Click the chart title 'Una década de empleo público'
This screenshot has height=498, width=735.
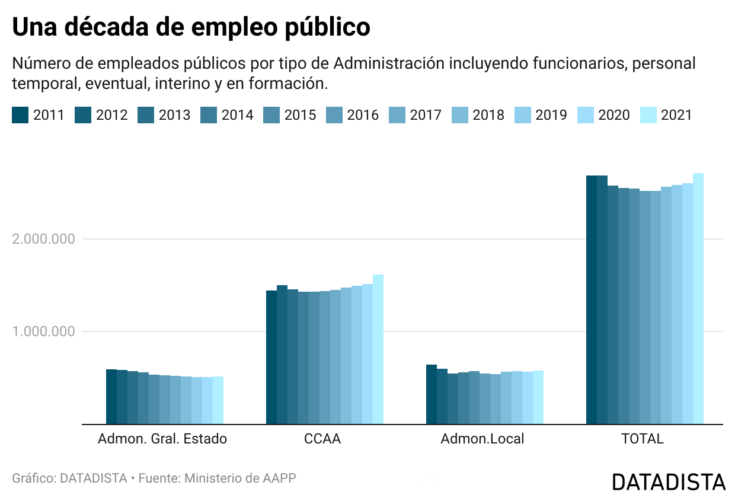pos(191,27)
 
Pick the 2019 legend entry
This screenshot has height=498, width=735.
pos(541,115)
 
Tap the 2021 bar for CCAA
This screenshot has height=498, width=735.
pos(378,349)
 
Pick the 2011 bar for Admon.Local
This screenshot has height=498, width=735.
pos(432,394)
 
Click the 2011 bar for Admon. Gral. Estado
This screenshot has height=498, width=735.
pos(111,397)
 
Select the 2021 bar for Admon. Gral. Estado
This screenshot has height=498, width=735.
pos(218,400)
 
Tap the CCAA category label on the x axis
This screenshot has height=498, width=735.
pos(322,439)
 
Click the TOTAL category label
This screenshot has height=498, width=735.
pos(643,439)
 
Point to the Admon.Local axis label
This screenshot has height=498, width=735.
pos(482,439)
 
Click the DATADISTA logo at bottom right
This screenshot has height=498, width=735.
pos(669,481)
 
